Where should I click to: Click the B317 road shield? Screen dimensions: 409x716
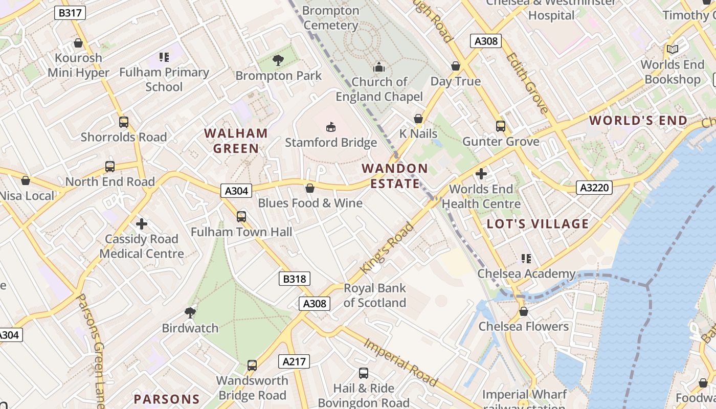point(70,13)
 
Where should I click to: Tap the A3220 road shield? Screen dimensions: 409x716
point(595,188)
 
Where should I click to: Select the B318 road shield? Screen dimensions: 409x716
point(294,279)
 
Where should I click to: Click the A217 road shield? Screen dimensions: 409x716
point(294,362)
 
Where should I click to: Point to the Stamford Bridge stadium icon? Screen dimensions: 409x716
point(331,126)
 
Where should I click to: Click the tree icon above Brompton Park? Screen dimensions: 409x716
point(278,60)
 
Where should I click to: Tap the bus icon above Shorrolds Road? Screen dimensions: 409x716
point(124,122)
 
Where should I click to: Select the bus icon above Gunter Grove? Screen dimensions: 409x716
point(500,126)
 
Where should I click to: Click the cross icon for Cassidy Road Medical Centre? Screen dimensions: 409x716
point(142,224)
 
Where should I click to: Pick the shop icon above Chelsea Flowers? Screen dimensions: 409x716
point(523,311)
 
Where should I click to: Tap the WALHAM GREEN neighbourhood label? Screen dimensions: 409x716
point(236,141)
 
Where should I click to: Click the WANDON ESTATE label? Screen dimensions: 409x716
point(395,176)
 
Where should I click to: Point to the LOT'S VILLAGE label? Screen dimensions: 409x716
point(538,224)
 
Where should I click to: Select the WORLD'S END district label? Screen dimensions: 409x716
point(638,121)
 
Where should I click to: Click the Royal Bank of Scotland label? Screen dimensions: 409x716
point(374,296)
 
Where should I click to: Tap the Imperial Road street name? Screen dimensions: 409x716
point(400,362)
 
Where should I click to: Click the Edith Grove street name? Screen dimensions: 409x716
point(528,82)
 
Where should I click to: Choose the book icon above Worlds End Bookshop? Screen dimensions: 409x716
point(672,50)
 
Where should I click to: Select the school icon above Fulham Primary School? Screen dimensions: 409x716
point(164,57)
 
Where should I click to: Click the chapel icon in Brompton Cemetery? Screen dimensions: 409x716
point(378,67)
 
